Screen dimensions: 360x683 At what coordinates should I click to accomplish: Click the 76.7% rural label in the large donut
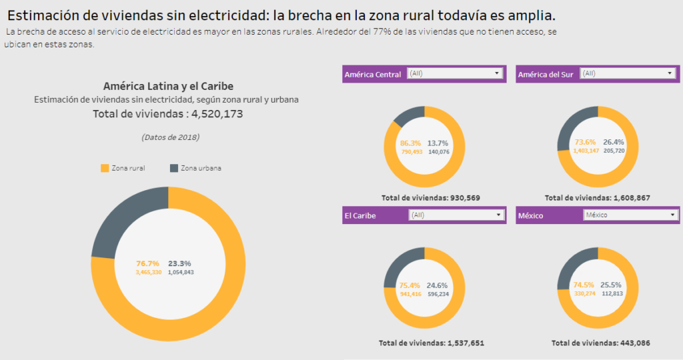point(147,263)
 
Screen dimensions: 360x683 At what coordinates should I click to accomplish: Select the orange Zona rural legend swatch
point(104,169)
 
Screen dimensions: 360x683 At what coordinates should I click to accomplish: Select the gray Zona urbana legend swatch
point(174,169)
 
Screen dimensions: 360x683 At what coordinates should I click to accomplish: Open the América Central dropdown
point(454,74)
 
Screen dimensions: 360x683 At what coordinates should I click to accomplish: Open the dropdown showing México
point(630,215)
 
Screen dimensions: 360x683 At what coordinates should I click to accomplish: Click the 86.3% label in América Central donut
point(410,143)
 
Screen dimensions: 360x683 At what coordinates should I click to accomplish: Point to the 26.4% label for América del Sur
point(614,142)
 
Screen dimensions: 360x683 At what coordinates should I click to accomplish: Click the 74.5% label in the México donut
point(584,284)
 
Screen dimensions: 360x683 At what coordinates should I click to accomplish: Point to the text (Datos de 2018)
point(170,137)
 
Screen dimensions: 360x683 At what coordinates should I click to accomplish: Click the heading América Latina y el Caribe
point(168,86)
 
